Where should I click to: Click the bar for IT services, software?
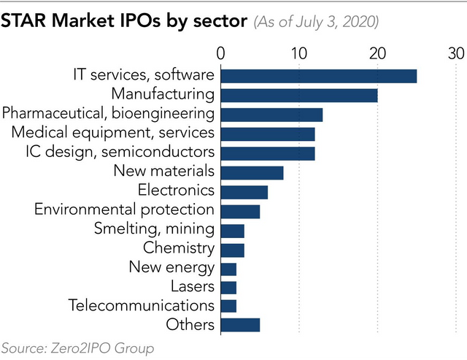pos(318,76)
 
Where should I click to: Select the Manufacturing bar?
pos(299,95)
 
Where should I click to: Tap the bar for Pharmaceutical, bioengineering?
pos(271,115)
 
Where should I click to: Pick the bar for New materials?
pos(252,172)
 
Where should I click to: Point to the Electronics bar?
pos(244,191)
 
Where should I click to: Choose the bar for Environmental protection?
pos(240,211)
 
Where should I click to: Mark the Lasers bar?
pos(228,287)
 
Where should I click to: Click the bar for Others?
pos(240,325)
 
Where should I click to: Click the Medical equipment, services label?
pos(113,133)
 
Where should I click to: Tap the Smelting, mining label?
pos(154,229)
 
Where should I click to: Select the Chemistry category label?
pos(178,248)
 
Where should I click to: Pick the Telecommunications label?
pos(141,305)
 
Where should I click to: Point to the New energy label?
pos(171,267)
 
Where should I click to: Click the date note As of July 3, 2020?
pos(315,22)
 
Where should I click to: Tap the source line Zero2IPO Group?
pos(77,349)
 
